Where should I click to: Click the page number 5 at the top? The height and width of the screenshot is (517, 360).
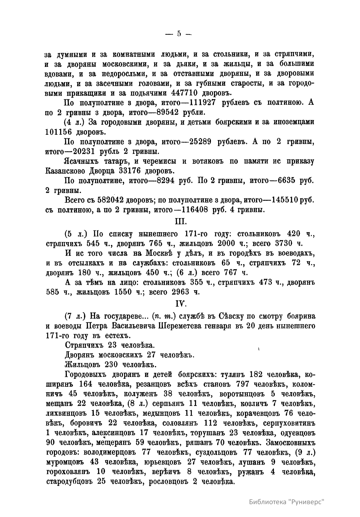pyautogui.click(x=179, y=34)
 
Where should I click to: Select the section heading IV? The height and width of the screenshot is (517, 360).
pyautogui.click(x=181, y=304)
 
